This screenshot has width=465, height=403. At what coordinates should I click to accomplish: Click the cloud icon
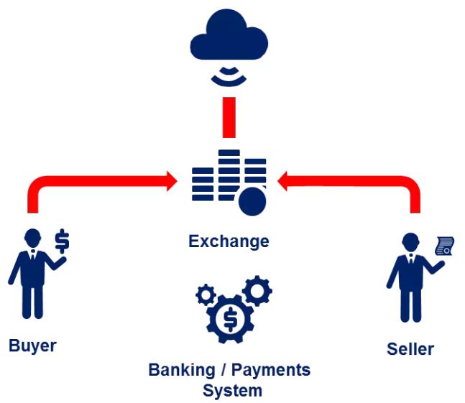tap(229, 37)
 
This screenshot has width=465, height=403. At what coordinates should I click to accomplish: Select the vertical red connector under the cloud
tap(229, 117)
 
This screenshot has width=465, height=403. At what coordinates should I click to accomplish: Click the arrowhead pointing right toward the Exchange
tap(170, 180)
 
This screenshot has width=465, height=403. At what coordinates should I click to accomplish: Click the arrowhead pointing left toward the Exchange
tap(285, 180)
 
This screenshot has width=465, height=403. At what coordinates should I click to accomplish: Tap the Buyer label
tap(32, 346)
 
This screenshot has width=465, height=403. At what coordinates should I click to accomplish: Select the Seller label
tap(410, 349)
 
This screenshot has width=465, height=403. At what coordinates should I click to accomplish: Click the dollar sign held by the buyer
tap(63, 240)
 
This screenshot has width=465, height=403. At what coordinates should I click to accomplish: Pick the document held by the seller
tap(445, 247)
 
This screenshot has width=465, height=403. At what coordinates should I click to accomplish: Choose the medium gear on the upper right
tap(257, 290)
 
